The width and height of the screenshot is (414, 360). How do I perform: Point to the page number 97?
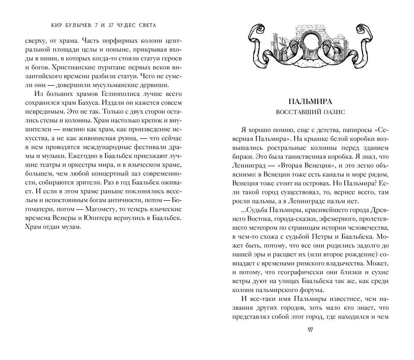(x=310, y=330)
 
